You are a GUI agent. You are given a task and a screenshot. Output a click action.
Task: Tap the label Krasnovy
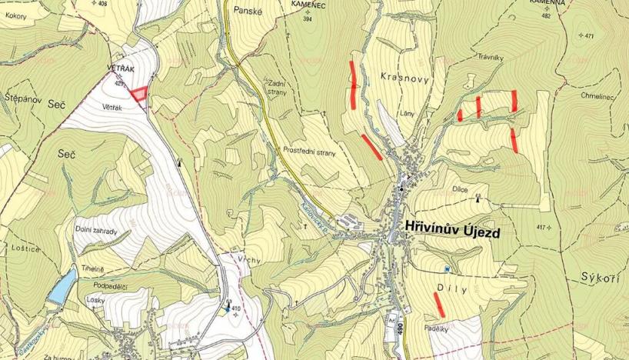(x=404, y=77)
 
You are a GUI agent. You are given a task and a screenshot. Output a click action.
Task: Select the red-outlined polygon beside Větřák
(x=138, y=94)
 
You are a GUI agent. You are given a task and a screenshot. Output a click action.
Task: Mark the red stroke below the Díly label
(x=439, y=304)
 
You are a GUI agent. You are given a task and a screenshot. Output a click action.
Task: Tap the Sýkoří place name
(x=601, y=276)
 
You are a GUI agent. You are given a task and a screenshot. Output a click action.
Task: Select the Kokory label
(x=15, y=15)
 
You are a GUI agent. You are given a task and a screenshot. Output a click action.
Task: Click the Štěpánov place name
(x=23, y=98)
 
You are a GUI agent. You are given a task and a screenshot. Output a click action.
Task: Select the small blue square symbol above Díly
(x=446, y=268)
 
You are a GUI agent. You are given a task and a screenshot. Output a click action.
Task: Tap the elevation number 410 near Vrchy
(x=237, y=308)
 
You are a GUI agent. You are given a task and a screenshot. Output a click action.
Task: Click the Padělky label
(x=436, y=328)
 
